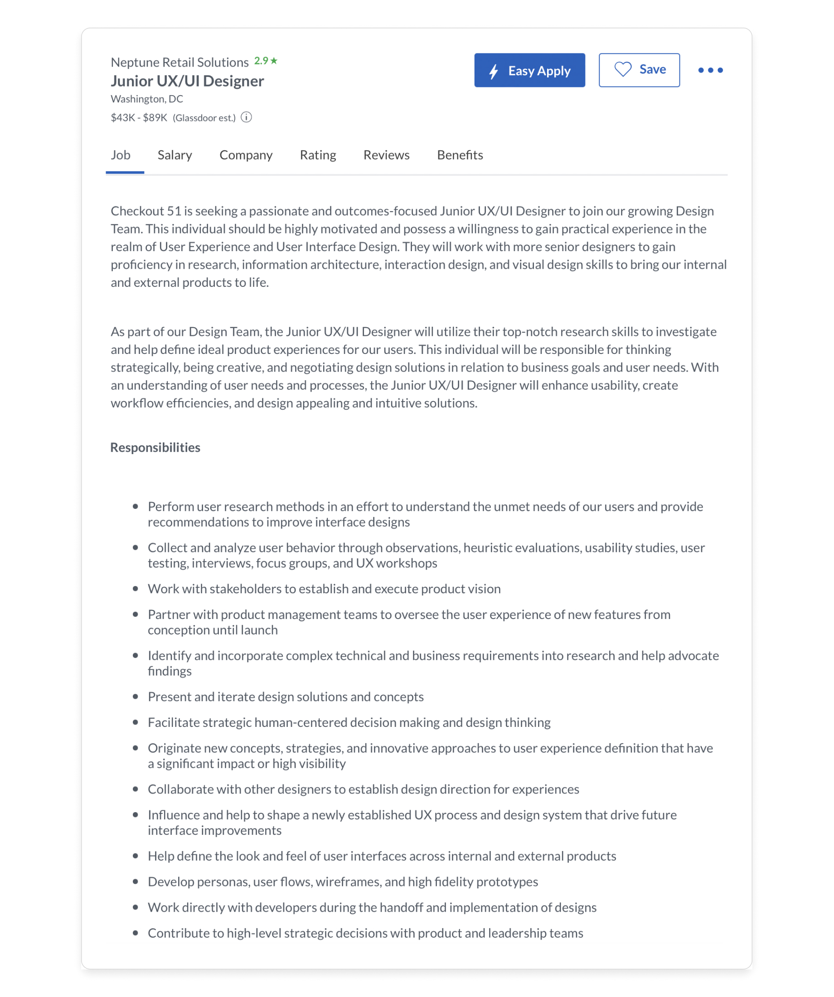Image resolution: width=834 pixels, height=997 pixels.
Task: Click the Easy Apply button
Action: point(529,70)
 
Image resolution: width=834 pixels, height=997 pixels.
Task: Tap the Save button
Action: point(639,70)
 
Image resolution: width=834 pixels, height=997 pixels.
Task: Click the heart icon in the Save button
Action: point(623,70)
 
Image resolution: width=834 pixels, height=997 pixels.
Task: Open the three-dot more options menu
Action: point(710,70)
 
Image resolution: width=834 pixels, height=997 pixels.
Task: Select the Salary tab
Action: point(175,155)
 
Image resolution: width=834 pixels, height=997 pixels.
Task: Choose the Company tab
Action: point(246,155)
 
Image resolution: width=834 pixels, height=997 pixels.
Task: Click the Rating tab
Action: point(318,155)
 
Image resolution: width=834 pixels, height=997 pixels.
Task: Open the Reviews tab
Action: point(386,155)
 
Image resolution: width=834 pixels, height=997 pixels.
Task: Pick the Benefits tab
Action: point(460,155)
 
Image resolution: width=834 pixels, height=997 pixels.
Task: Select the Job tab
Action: point(121,155)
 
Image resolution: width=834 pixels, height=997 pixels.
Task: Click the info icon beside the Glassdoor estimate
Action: point(246,117)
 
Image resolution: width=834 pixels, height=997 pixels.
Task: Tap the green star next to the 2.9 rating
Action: point(274,61)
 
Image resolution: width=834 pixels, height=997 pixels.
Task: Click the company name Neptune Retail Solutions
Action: point(179,62)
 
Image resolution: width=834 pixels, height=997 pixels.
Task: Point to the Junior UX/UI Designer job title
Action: point(187,81)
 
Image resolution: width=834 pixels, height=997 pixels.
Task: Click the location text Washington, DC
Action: point(147,99)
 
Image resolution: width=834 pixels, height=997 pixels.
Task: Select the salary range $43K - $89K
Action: point(139,118)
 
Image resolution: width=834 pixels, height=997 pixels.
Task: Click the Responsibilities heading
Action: point(155,447)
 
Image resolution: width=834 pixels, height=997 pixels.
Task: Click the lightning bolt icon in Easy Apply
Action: point(494,71)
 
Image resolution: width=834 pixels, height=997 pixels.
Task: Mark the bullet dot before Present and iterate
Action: point(136,697)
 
